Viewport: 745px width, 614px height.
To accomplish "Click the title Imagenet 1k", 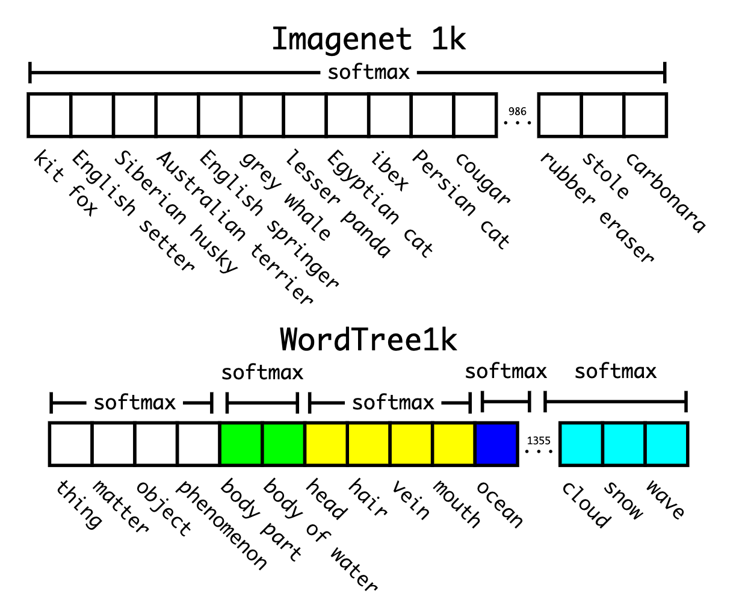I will (368, 40).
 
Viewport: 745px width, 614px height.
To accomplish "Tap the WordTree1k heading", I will (368, 340).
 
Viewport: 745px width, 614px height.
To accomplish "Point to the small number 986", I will (517, 111).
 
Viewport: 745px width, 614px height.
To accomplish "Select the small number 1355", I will (539, 441).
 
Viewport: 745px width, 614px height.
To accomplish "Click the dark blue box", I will (496, 444).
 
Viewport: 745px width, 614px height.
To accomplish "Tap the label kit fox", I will (65, 184).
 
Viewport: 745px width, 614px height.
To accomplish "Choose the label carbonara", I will (665, 193).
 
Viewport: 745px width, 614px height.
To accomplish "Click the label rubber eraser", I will (596, 208).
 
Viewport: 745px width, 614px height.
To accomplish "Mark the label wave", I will (665, 500).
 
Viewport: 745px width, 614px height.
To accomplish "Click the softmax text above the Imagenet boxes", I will (368, 73).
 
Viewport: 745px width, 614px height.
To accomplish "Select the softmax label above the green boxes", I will (262, 373).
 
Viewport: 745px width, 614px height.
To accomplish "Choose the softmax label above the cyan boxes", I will (615, 371).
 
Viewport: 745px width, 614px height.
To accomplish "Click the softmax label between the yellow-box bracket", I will (393, 402).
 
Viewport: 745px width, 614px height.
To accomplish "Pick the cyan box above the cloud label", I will (581, 444).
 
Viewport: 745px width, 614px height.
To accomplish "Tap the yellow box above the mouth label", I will (453, 444).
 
